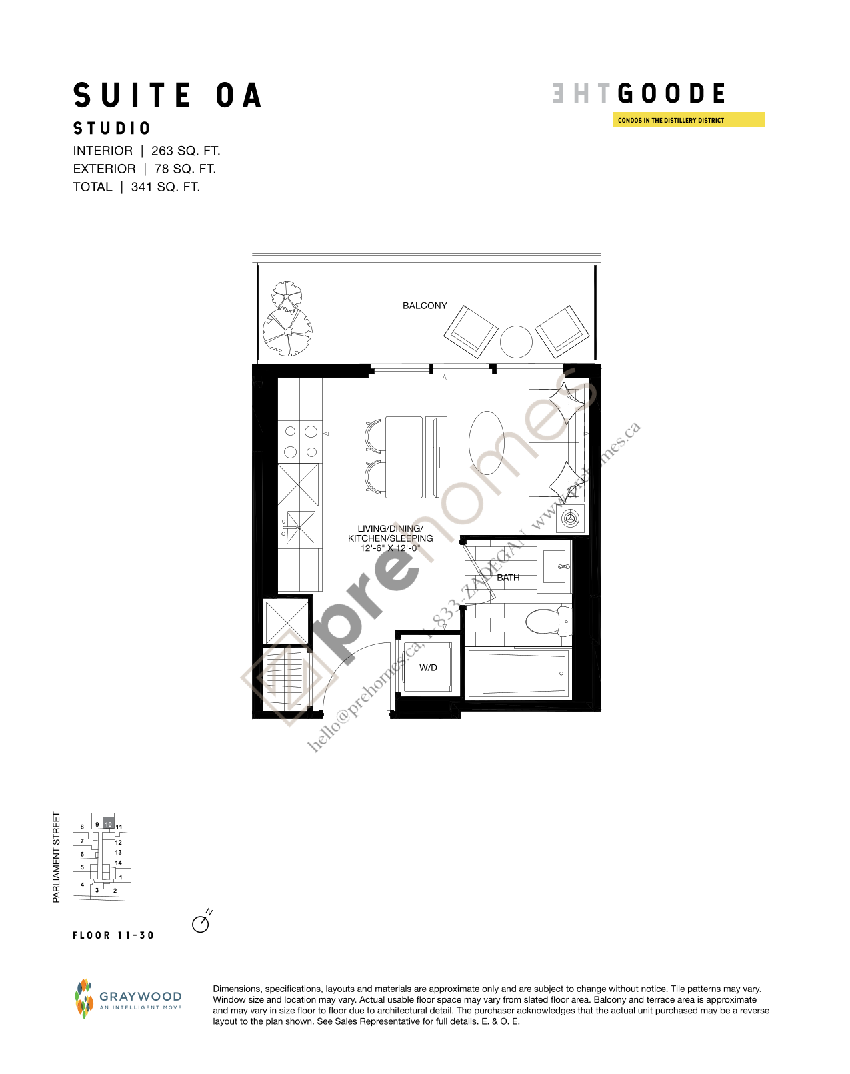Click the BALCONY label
point(425,306)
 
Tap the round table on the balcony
point(516,342)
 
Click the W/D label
point(428,668)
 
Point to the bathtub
point(517,673)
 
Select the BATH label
point(508,578)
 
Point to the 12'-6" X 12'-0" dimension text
point(391,548)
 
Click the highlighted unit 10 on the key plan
point(108,824)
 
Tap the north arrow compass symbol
point(200,924)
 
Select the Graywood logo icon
point(84,999)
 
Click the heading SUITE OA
point(167,95)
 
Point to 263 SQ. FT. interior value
point(185,151)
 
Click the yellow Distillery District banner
point(689,120)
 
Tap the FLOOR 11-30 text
point(113,935)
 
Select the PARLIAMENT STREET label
point(56,857)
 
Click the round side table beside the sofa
point(571,518)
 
